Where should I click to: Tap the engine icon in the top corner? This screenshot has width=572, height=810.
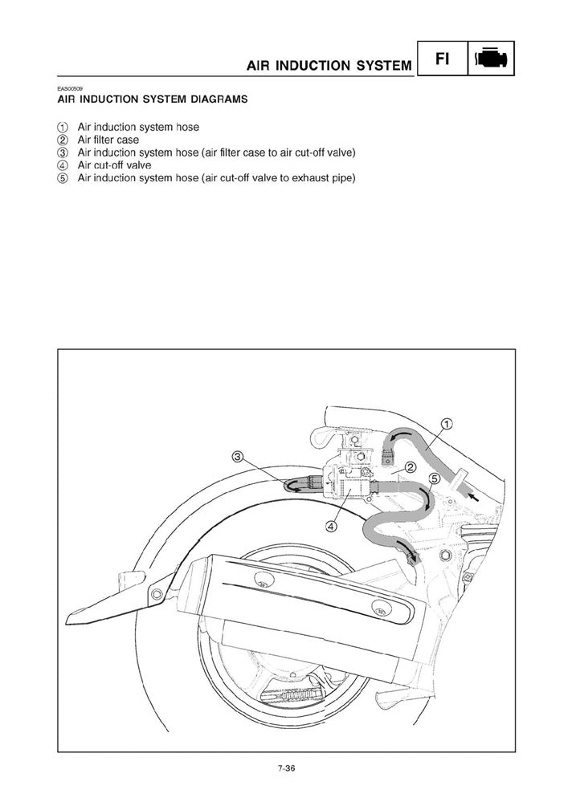[490, 58]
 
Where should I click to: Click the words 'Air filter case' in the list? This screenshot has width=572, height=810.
[108, 140]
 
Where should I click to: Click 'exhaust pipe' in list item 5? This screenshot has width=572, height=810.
[326, 177]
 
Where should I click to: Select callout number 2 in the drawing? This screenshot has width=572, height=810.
[410, 468]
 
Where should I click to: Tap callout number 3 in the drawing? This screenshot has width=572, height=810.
[238, 457]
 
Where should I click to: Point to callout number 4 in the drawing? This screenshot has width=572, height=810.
[331, 527]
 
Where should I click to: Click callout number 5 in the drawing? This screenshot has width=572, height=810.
[433, 478]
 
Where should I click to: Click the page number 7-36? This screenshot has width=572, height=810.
[287, 768]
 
